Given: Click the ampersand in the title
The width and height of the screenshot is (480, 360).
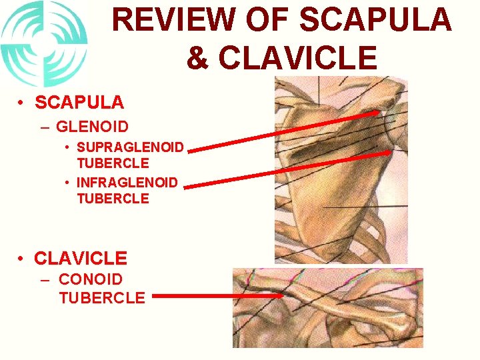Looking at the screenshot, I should point(197,57).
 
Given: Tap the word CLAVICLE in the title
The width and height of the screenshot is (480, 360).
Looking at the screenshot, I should point(297,57).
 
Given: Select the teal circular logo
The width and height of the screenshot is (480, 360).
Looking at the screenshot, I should point(44,44).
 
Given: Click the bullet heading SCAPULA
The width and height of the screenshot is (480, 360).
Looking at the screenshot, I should point(79,102).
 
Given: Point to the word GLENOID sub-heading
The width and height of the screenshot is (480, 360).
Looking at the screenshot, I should point(93,127).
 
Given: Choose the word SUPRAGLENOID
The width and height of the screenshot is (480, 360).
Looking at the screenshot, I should point(130,147).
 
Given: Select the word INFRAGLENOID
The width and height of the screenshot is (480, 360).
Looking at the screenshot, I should point(127,182).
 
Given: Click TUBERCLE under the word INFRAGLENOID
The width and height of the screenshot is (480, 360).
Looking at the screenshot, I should point(113,198).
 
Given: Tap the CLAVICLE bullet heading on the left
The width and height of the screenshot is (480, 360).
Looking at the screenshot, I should point(81,257).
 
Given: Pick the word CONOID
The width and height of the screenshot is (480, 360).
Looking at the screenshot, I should point(91,280).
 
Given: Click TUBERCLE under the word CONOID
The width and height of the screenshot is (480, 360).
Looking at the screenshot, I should point(101,297).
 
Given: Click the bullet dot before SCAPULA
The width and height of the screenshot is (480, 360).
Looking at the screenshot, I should point(23,103).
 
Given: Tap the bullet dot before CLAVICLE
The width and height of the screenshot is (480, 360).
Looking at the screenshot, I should point(23,258).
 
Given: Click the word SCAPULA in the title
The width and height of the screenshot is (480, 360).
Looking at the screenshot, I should point(375,21).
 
